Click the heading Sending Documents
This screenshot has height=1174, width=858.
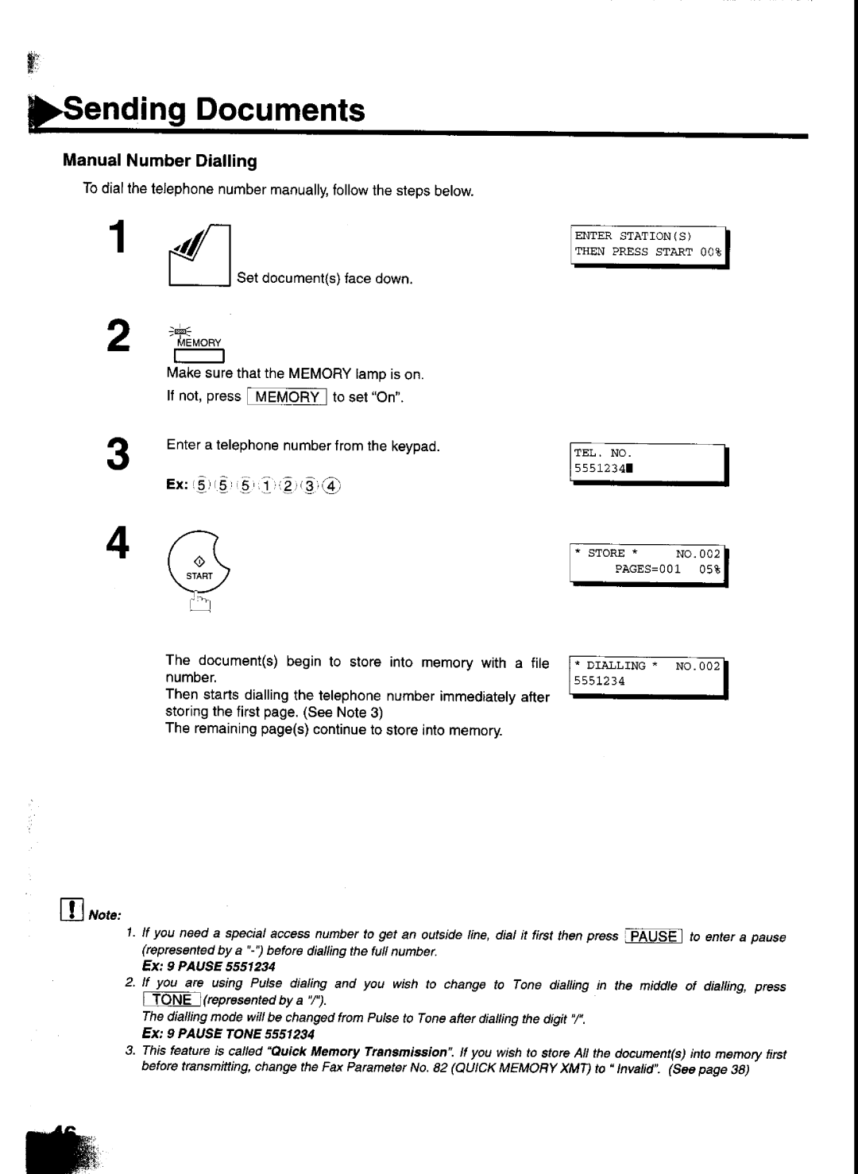[x=214, y=110]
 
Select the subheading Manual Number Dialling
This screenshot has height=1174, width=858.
[x=160, y=160]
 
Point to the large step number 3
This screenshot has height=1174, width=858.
[x=118, y=454]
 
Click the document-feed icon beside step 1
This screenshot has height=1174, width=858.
[x=199, y=255]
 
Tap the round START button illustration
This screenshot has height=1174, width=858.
[x=199, y=562]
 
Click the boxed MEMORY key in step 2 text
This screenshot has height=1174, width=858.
[x=287, y=396]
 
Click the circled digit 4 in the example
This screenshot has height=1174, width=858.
[x=330, y=486]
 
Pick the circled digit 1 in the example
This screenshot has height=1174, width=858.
[x=266, y=486]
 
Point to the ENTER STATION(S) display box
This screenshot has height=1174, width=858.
[x=649, y=247]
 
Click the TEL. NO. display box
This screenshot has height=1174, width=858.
[x=649, y=464]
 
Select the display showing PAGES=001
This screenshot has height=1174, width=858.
[x=649, y=565]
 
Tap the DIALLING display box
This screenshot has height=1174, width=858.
[x=648, y=678]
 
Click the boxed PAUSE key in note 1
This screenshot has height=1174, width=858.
[x=654, y=936]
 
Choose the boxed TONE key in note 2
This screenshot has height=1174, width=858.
[x=172, y=999]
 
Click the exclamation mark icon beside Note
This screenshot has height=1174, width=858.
[x=71, y=909]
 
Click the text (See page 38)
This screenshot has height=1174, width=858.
[x=709, y=1068]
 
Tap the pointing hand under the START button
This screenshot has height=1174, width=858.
[x=199, y=601]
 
